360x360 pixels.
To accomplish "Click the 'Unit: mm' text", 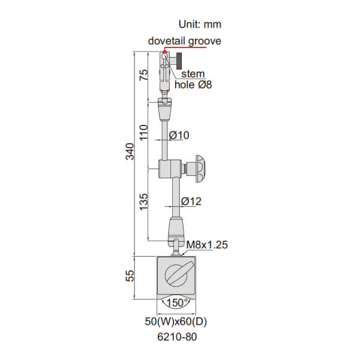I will [200, 25].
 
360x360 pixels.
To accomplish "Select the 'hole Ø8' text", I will [193, 85].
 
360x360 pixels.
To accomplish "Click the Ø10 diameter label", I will [179, 136].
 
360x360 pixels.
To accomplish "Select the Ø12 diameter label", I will [191, 201].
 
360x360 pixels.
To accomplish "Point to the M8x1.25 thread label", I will [207, 245].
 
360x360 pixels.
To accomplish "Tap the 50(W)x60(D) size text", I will [181, 322].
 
